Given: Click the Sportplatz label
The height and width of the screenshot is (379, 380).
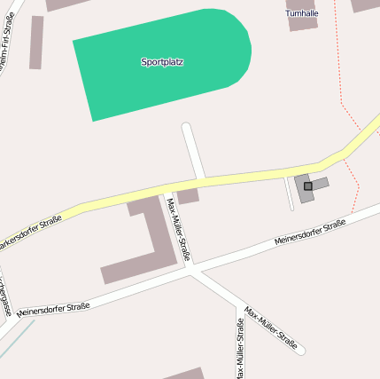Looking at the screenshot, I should (x=161, y=62).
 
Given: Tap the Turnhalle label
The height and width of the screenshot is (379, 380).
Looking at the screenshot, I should (x=302, y=13).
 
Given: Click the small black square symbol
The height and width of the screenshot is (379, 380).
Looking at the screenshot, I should (x=307, y=186).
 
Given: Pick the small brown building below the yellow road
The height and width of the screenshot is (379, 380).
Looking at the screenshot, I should (x=187, y=196).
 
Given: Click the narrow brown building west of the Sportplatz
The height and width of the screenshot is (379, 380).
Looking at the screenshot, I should (x=36, y=42).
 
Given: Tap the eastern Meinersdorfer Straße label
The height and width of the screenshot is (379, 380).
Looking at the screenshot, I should (x=309, y=233).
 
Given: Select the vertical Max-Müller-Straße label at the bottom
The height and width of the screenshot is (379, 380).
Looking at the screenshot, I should (x=240, y=347).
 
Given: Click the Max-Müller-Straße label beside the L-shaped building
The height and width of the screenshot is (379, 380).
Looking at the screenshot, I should (x=178, y=222).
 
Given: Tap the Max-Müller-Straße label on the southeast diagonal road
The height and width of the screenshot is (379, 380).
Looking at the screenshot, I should (x=270, y=327).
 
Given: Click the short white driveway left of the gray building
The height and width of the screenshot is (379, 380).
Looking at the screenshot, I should (x=289, y=193).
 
